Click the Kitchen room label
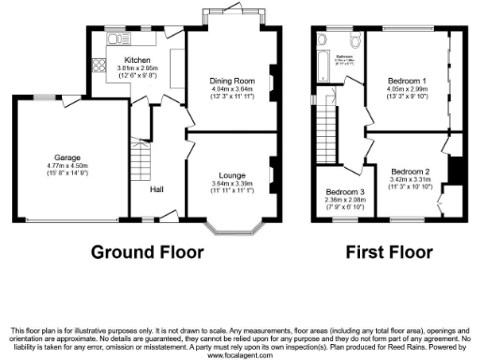point(125,59)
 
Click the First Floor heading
point(388,253)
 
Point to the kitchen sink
point(119,40)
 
